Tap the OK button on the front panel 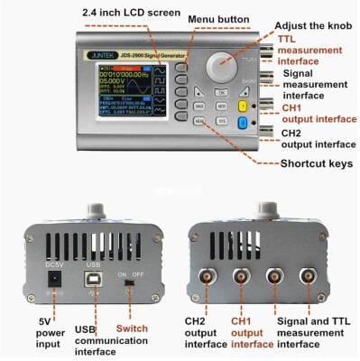pyautogui.click(x=220, y=92)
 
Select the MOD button pyautogui.click(x=220, y=106)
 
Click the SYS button pyautogui.click(x=220, y=120)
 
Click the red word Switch pyautogui.click(x=132, y=328)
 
